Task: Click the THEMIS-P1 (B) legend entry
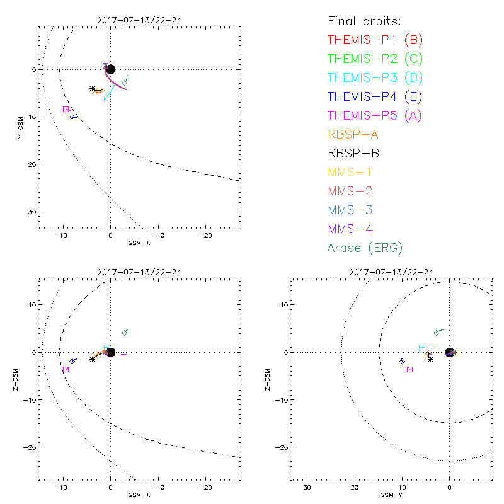click(x=375, y=40)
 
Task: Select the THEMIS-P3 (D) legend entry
click(x=375, y=78)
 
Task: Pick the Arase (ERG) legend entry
click(x=365, y=248)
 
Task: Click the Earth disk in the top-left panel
click(x=111, y=69)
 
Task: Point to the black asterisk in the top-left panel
click(x=93, y=89)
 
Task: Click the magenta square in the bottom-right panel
click(x=409, y=370)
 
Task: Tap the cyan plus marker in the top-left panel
click(x=104, y=100)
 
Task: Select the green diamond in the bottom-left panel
click(x=125, y=333)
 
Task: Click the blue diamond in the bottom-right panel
click(x=402, y=361)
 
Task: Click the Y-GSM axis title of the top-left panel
click(x=20, y=127)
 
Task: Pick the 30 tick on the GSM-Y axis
click(x=307, y=488)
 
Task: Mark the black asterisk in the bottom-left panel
click(x=93, y=359)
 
